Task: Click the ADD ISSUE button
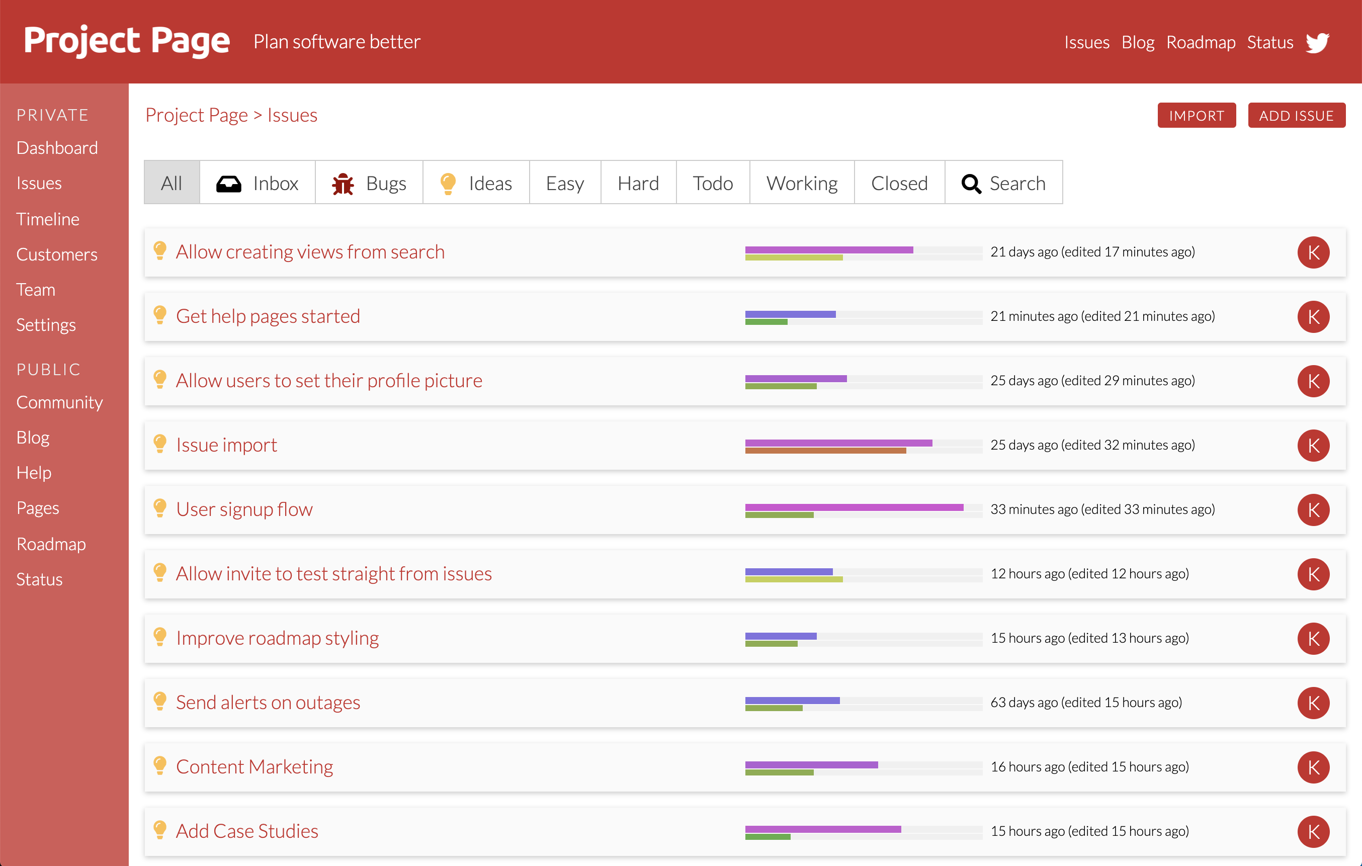(1297, 115)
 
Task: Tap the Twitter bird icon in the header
(1317, 42)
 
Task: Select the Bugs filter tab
(369, 183)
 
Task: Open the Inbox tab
(258, 183)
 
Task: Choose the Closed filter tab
(899, 183)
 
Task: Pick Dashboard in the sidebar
(57, 148)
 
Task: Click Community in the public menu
(59, 402)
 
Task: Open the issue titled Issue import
(226, 445)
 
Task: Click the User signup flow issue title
(244, 509)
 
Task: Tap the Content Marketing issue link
(254, 767)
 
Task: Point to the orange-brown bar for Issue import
(826, 451)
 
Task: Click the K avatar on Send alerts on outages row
(1313, 703)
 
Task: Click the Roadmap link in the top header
(1201, 42)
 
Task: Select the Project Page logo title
(127, 41)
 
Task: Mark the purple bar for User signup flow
(855, 507)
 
